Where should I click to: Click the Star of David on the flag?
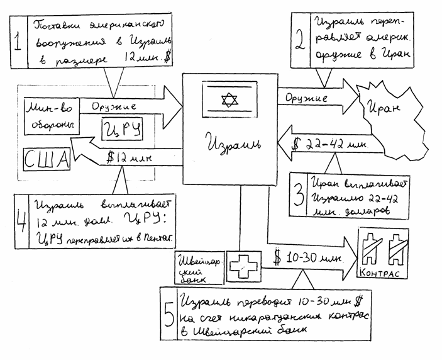[x=228, y=100]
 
